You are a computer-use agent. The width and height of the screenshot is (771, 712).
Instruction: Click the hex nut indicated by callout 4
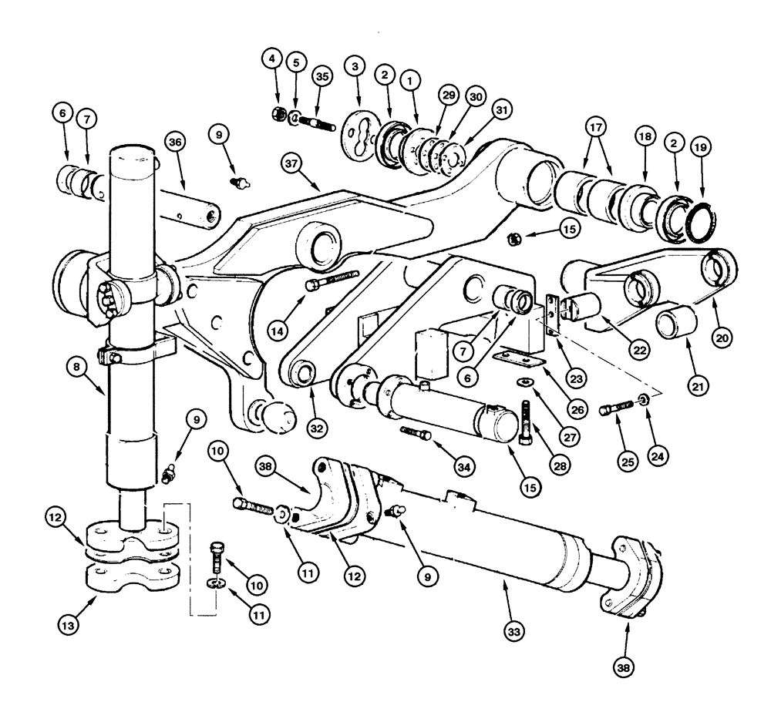tap(279, 115)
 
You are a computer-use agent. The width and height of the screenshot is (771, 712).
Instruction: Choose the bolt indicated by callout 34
tap(415, 435)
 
